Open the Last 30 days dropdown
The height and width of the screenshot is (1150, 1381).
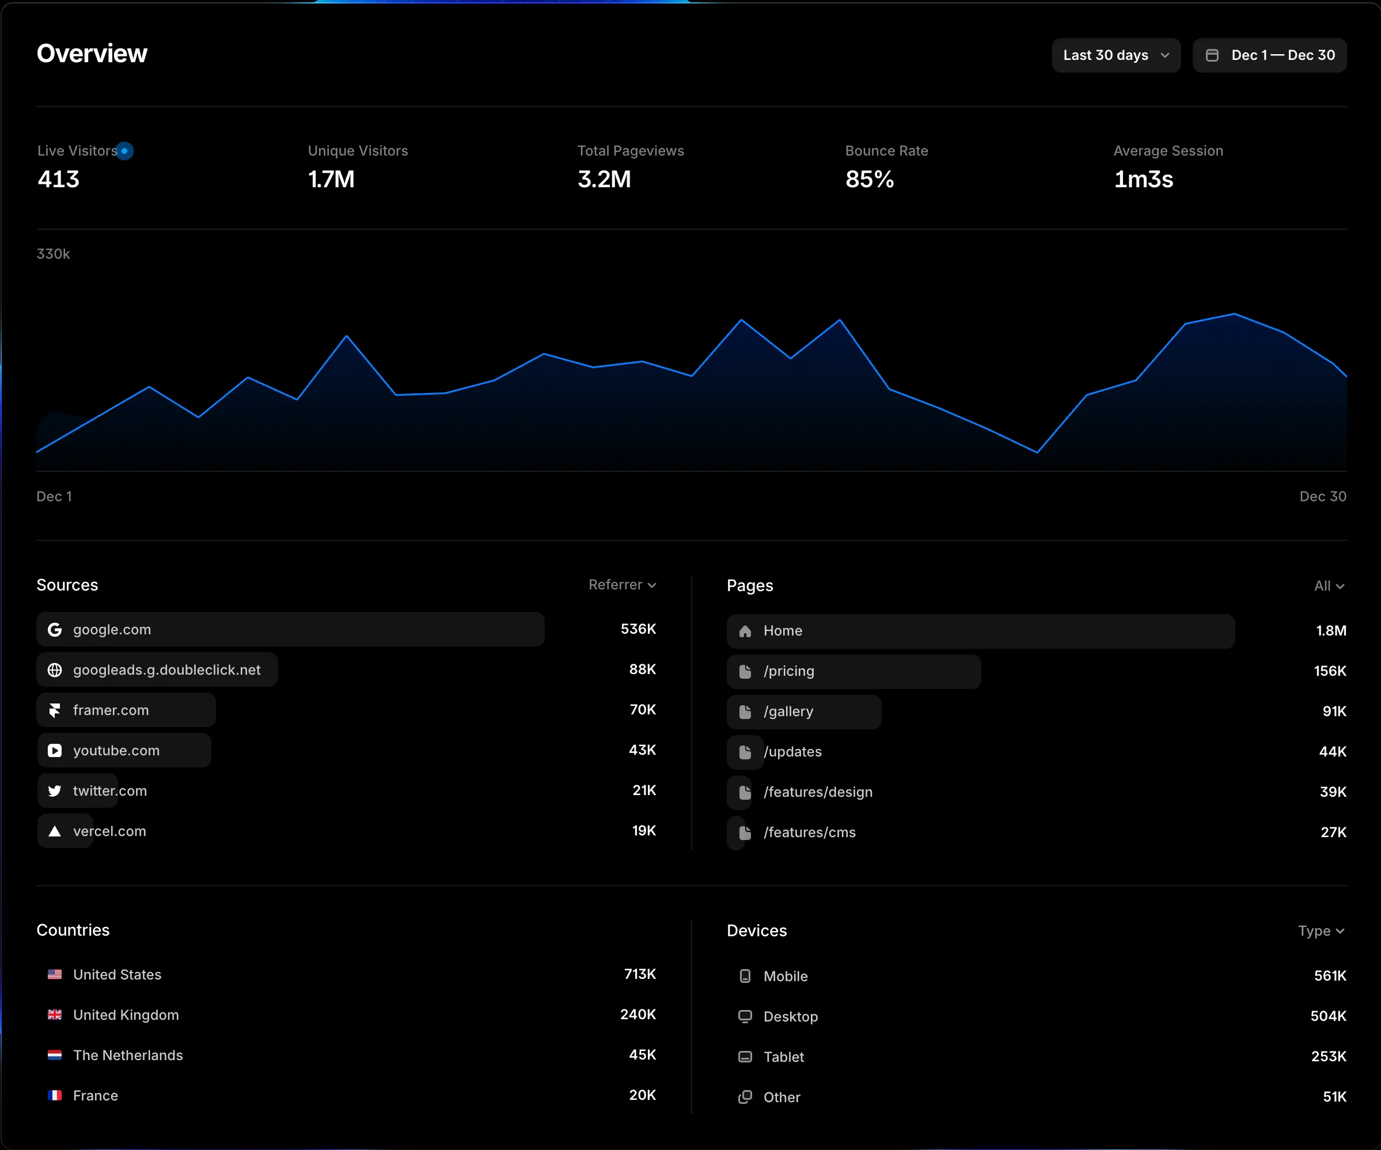click(x=1116, y=55)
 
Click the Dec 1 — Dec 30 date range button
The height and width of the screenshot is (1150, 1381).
click(x=1269, y=55)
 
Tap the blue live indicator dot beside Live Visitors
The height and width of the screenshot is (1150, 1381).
click(x=124, y=150)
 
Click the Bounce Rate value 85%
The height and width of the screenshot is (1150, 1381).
click(x=870, y=179)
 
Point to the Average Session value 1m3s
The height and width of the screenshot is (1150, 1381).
click(x=1143, y=179)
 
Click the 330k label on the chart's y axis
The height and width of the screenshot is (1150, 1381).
click(x=53, y=254)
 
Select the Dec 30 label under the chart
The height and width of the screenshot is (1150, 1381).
click(x=1322, y=496)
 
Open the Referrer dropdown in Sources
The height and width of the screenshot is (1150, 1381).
click(x=621, y=585)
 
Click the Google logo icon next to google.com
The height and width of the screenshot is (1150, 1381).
click(x=55, y=630)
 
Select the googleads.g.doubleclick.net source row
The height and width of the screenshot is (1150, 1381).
click(x=166, y=669)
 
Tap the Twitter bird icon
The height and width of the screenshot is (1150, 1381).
click(x=55, y=791)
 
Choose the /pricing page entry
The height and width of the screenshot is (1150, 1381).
click(x=788, y=671)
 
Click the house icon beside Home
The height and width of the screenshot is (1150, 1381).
click(x=745, y=631)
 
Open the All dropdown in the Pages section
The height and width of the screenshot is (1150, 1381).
click(x=1329, y=585)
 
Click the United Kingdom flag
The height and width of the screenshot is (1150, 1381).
click(x=55, y=1015)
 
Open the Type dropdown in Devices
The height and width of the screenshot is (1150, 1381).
click(x=1321, y=931)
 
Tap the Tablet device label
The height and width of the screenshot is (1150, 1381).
click(x=783, y=1057)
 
